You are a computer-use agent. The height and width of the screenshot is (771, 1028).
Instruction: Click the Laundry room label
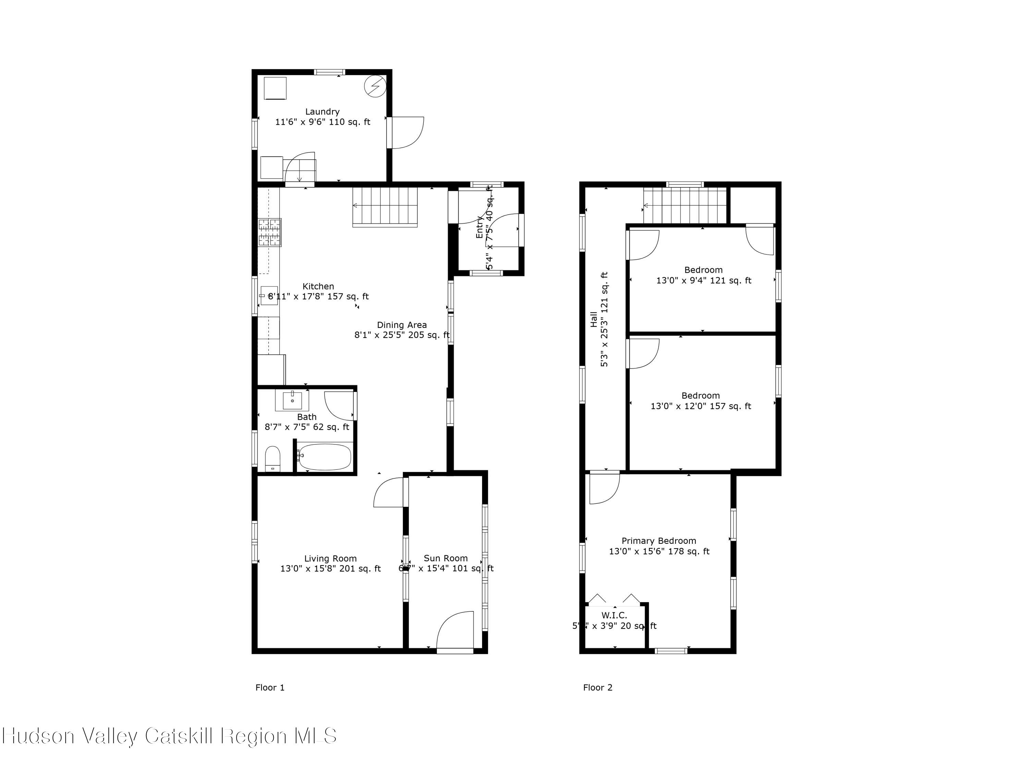322,111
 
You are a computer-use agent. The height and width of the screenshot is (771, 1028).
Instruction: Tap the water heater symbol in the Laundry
375,86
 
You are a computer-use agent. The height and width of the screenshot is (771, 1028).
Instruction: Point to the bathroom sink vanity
292,401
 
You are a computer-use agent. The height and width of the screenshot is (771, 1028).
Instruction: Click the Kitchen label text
318,286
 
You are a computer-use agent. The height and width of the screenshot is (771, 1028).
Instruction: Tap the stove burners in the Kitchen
270,232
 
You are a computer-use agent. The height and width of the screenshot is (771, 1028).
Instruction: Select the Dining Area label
402,325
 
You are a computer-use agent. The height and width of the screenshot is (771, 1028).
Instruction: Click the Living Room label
330,559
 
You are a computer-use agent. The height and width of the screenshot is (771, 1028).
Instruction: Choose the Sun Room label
445,558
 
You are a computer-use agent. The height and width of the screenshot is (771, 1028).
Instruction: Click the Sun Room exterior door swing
455,630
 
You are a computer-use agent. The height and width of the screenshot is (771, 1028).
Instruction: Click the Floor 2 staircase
685,205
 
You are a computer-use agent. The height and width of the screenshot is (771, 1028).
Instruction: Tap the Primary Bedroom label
659,541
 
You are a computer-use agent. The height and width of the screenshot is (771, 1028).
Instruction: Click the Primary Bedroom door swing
603,488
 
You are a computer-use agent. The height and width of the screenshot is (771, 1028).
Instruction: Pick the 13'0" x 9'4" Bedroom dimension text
703,281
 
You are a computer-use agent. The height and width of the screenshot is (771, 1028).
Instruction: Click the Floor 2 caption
598,688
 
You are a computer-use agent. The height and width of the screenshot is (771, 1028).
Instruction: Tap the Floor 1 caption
270,688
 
